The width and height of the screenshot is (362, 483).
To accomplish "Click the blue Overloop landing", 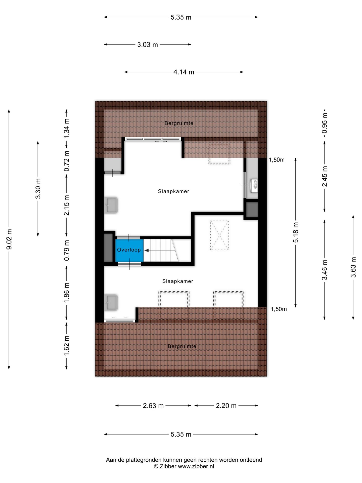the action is click(x=129, y=250).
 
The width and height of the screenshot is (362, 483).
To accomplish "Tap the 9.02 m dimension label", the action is click(x=9, y=239).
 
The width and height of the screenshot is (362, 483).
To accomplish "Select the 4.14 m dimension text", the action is click(x=184, y=72).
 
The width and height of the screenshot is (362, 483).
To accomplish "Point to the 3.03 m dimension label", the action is click(x=148, y=45).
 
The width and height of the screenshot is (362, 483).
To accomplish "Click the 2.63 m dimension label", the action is click(x=153, y=406).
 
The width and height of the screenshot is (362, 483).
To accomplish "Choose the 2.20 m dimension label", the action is click(x=226, y=406).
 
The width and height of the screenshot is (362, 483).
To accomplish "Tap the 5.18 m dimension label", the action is click(x=296, y=232).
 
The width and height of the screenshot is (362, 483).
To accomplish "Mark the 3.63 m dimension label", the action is click(x=353, y=267).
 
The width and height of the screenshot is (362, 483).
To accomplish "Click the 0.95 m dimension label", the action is click(x=325, y=123).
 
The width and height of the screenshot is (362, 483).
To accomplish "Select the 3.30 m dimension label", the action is click(x=38, y=189).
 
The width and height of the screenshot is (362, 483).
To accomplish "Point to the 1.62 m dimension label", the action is click(x=67, y=346).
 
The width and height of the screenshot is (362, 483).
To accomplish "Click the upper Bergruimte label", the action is click(x=179, y=123).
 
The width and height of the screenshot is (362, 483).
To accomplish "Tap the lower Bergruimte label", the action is click(x=182, y=346).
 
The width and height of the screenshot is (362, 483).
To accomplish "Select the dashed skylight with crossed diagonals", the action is click(x=219, y=235).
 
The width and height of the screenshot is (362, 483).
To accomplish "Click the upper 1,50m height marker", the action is click(x=277, y=160).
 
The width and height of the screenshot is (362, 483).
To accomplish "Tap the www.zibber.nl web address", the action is click(x=196, y=466).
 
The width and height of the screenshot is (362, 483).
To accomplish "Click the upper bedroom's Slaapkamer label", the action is click(x=173, y=191).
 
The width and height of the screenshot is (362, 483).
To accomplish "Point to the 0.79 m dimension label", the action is click(x=67, y=250).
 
